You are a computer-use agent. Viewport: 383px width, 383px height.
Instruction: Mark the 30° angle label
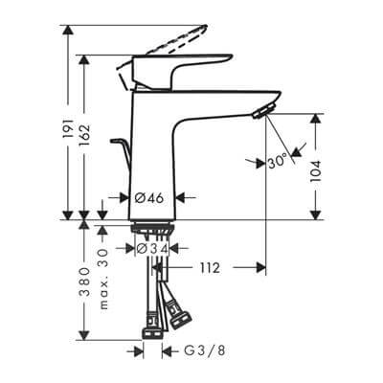(278, 162)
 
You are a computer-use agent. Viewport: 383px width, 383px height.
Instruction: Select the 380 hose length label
(85, 283)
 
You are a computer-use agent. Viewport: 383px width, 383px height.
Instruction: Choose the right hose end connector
(177, 311)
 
